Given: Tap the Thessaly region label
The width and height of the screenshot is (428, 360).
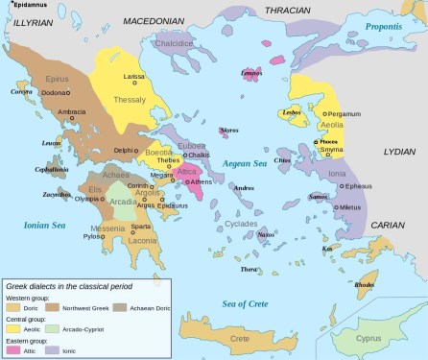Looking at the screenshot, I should pyautogui.click(x=130, y=99).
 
